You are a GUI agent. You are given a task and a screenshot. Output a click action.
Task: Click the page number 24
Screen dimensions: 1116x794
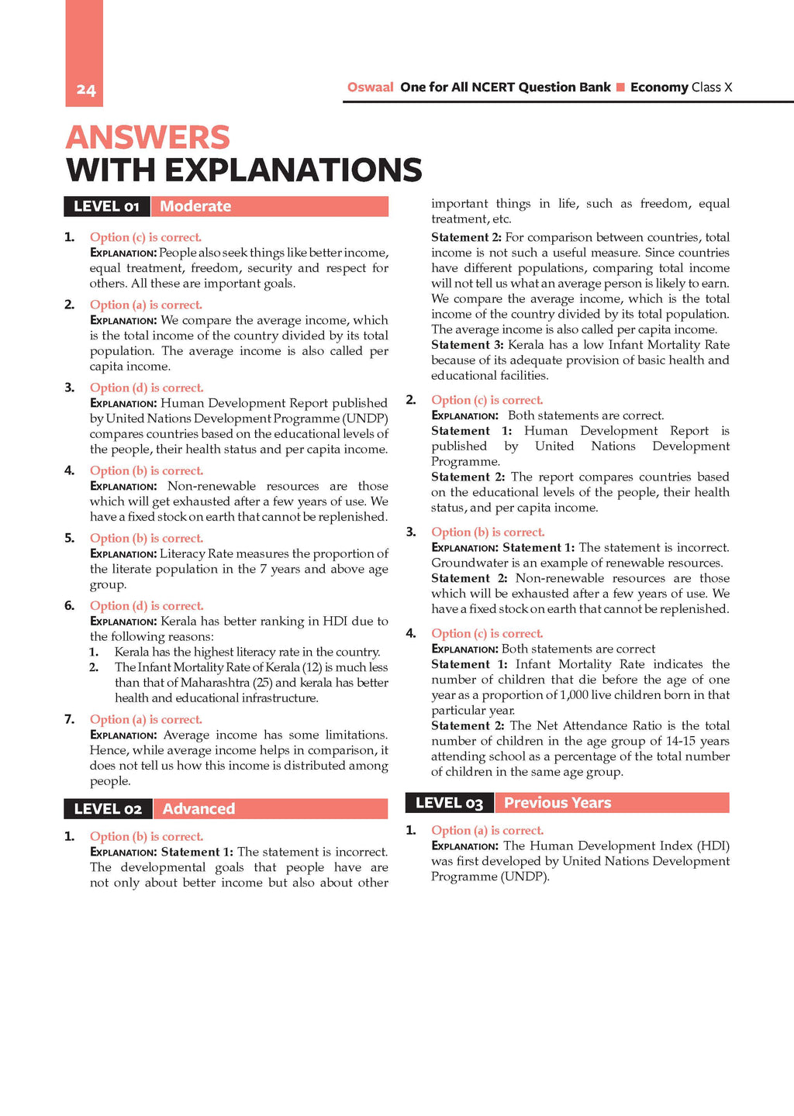click(85, 90)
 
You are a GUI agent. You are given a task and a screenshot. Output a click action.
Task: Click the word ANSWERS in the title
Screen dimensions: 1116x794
click(148, 138)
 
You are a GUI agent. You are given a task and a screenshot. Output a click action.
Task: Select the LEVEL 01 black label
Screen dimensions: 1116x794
click(107, 206)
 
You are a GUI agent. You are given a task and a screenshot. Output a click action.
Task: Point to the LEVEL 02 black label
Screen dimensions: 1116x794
click(108, 809)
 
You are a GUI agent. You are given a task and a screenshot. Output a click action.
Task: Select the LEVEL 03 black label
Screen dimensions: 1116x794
click(449, 803)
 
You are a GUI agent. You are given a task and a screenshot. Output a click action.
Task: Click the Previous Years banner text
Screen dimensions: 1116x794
click(558, 803)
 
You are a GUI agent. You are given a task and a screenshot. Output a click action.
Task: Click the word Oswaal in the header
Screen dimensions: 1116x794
click(370, 88)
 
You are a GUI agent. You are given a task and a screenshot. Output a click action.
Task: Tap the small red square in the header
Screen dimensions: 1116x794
click(620, 88)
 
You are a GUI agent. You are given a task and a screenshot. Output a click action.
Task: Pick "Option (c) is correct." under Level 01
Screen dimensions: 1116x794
click(146, 237)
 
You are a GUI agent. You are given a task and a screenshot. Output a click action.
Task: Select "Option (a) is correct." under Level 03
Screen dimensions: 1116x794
click(487, 830)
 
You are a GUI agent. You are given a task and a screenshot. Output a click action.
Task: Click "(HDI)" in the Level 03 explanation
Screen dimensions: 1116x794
click(713, 846)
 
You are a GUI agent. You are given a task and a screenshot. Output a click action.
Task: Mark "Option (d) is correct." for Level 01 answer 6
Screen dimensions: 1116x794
click(147, 606)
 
